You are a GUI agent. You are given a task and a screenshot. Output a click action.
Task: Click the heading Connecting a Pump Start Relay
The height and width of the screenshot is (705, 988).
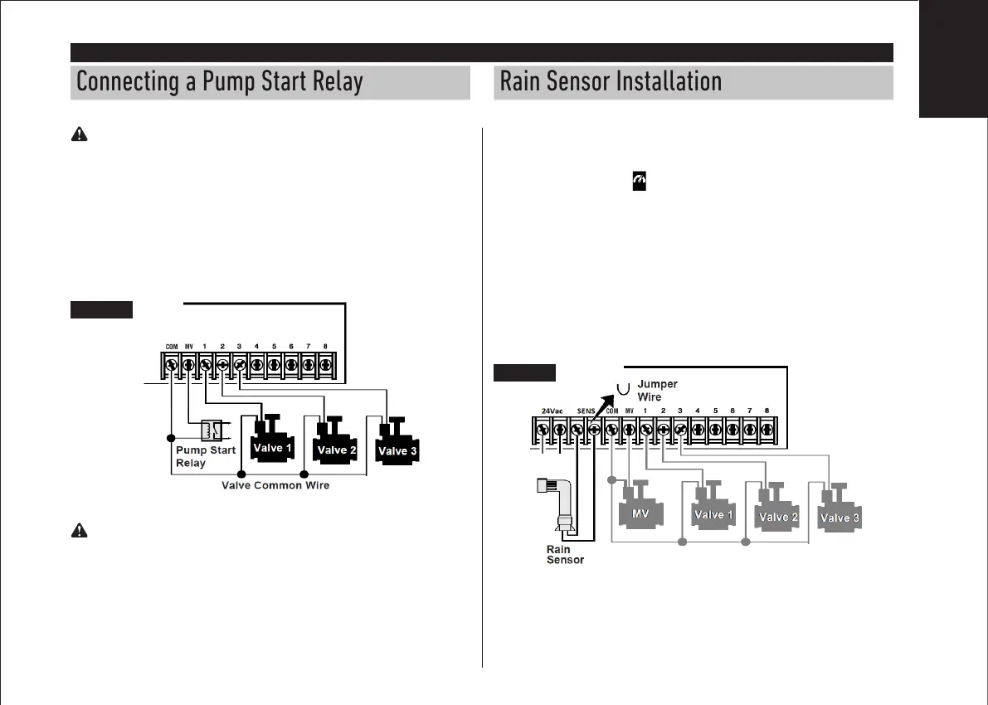(x=220, y=83)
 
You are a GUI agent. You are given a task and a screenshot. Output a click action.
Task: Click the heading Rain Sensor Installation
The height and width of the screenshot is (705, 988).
(x=611, y=83)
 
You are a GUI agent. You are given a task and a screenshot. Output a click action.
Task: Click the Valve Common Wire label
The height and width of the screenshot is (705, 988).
(x=275, y=485)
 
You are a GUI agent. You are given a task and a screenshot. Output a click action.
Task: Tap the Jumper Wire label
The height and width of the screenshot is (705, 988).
(x=657, y=391)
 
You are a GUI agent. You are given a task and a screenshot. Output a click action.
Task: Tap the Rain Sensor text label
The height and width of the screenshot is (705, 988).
(x=564, y=554)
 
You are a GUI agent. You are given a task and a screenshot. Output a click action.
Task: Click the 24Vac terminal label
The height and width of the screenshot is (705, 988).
(x=552, y=411)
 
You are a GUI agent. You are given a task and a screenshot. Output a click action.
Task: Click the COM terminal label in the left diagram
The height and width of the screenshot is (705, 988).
(x=172, y=347)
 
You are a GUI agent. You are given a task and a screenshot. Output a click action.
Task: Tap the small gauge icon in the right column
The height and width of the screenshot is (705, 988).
(x=639, y=179)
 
